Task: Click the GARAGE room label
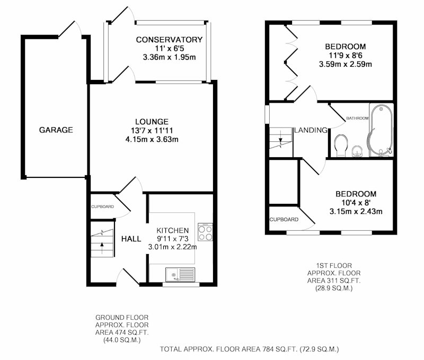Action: coord(56,130)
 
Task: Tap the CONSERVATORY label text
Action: coord(169,40)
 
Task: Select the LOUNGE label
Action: coord(152,122)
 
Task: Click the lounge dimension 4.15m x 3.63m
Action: coord(152,139)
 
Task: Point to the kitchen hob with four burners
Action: coord(205,232)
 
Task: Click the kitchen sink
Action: coord(180,274)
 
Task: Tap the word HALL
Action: coord(131,239)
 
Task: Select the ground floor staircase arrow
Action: coord(102,248)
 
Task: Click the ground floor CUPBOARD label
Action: coord(102,206)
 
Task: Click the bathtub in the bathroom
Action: coord(381,130)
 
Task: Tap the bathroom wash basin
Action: coord(357,151)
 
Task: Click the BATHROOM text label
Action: coord(357,118)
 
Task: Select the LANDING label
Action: coord(311,130)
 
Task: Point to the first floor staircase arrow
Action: coord(280,138)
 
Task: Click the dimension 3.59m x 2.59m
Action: coord(346,64)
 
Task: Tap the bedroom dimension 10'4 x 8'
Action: coord(356,203)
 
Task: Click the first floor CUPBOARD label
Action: coord(284,220)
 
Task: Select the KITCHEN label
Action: coord(173,230)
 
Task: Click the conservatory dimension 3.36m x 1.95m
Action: coord(169,57)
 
